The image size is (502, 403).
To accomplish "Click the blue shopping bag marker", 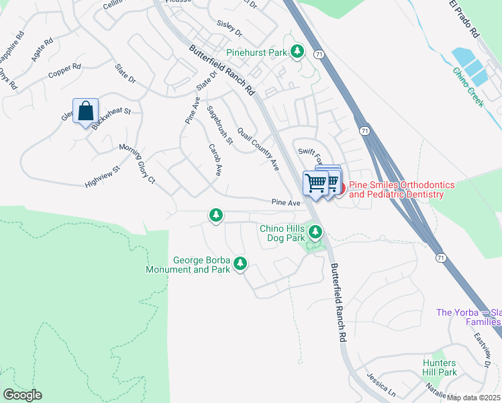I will [x=86, y=111].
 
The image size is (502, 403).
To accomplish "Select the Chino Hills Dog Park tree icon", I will [x=315, y=233].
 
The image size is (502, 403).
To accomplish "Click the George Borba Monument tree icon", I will [x=240, y=265].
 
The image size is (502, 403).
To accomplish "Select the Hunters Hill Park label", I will [x=440, y=367].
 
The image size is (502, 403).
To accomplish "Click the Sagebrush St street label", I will [x=219, y=125].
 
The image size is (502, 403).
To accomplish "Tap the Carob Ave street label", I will [x=215, y=160].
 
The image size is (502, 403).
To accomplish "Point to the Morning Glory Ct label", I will [x=137, y=164].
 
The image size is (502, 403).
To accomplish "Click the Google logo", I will [x=21, y=395].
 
